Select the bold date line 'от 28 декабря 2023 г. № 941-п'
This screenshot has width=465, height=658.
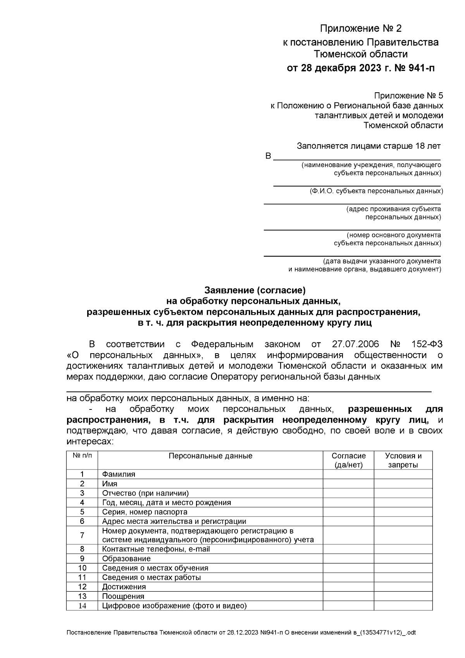(x=360, y=69)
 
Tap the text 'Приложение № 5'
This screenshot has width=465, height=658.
(x=408, y=96)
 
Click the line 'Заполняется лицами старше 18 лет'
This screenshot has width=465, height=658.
(x=369, y=146)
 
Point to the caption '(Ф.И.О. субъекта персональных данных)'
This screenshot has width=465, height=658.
(x=376, y=191)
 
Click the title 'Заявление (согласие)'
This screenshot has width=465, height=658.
(x=255, y=290)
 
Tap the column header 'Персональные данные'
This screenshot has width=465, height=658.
(x=210, y=456)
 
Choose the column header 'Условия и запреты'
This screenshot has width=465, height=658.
(x=403, y=460)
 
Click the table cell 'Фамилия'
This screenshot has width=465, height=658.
(x=119, y=474)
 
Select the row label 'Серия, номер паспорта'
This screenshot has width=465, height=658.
(x=145, y=512)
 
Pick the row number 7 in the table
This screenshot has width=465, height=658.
(x=82, y=535)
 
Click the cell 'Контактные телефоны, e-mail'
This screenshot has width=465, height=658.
(x=156, y=549)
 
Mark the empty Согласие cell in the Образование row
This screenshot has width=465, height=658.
(x=348, y=559)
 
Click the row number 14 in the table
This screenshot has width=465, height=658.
(x=82, y=606)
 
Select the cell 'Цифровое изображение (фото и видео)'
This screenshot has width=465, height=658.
(x=174, y=606)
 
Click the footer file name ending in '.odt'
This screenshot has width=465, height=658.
(x=241, y=633)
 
